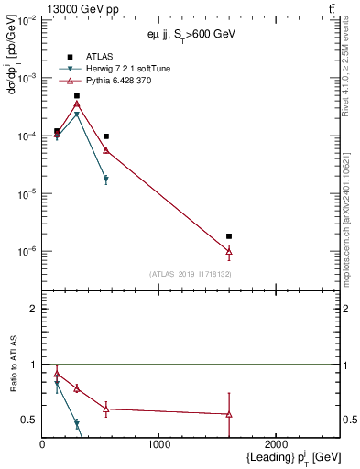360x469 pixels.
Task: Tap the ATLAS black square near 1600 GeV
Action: tap(229, 236)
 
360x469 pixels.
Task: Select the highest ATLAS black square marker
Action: tap(77, 95)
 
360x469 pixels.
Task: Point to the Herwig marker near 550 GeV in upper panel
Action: tap(106, 180)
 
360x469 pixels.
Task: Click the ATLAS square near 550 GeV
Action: tap(106, 136)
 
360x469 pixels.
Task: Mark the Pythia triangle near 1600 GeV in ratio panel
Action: tap(229, 414)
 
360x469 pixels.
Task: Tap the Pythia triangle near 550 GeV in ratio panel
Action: tap(106, 409)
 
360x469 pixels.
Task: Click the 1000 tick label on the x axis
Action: tap(159, 444)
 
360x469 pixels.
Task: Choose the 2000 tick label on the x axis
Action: tap(276, 444)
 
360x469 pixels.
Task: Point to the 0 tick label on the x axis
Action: tap(43, 444)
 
